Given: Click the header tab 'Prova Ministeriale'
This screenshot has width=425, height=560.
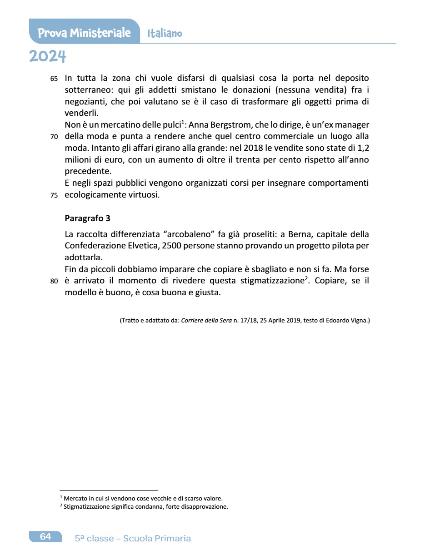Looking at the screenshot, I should tap(84, 33).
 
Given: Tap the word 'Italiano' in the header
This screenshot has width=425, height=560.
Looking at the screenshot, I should tap(165, 33).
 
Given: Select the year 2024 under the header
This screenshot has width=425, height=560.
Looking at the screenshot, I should tap(47, 56).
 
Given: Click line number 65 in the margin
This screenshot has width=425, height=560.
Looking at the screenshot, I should tap(54, 79).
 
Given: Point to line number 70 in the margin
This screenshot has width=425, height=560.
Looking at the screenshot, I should tap(54, 137).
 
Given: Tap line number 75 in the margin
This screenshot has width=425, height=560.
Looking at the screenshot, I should tap(54, 196).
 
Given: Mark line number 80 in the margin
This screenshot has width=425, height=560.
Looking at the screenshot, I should tap(54, 281).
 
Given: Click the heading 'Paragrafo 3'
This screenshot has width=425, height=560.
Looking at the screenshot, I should tap(87, 218).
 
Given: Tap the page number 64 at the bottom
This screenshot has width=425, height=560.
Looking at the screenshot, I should tap(45, 537).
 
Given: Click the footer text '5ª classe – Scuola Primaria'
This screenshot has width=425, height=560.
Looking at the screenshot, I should tap(133, 538).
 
